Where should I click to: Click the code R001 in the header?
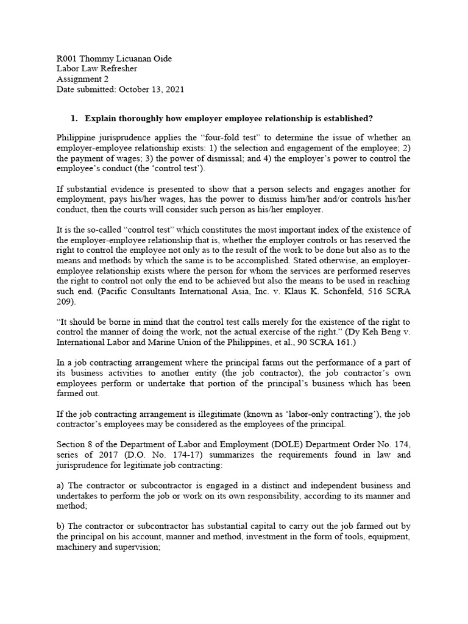pyautogui.click(x=66, y=58)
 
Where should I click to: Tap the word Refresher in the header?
pyautogui.click(x=118, y=69)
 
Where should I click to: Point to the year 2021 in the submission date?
pyautogui.click(x=173, y=90)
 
